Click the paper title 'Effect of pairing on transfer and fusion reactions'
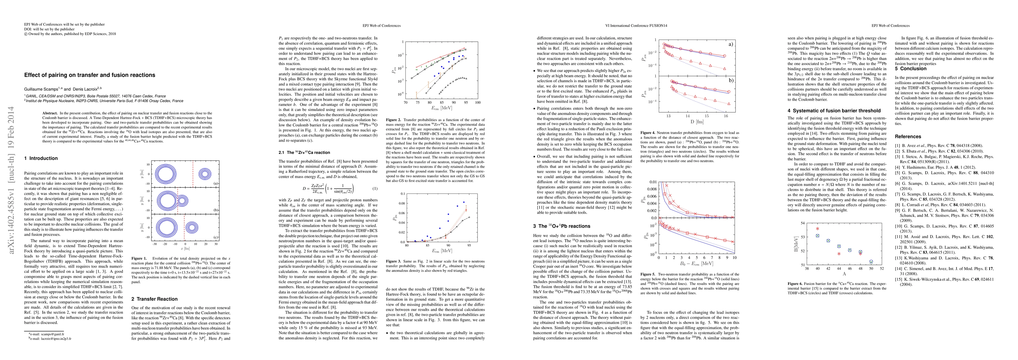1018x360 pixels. point(90,75)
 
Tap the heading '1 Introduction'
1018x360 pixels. point(41,158)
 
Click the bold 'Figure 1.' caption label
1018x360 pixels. point(139,258)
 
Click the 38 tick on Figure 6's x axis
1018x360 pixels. point(807,269)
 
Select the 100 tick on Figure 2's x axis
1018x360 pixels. point(478,102)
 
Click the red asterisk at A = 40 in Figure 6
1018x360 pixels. point(817,229)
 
